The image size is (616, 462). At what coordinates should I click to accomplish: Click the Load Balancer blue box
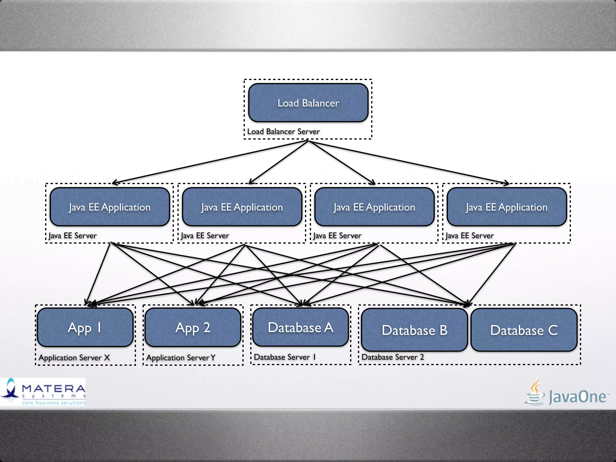point(308,103)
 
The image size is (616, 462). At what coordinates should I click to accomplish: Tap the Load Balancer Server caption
point(283,131)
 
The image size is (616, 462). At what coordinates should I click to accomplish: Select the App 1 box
point(85,328)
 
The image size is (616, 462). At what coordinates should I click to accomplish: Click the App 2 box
point(193,328)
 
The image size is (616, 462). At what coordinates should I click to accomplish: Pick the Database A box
point(300,327)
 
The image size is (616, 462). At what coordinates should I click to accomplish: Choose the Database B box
point(414,330)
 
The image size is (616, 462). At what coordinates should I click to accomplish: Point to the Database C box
point(524,330)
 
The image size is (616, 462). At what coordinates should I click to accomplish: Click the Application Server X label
point(74,358)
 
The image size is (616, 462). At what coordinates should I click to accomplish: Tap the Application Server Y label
point(181,358)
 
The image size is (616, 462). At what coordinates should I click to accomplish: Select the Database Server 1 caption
point(285,357)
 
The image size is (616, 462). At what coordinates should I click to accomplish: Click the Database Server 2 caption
point(393,357)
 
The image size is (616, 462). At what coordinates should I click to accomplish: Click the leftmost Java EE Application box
point(110,207)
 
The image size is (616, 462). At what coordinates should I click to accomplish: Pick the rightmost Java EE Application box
point(507,207)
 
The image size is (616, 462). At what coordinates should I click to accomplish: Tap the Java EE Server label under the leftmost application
point(72,236)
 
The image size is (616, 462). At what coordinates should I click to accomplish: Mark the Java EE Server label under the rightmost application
point(470,236)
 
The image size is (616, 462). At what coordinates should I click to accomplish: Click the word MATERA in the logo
point(54,389)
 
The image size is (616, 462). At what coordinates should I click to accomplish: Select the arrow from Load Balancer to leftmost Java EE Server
point(211,162)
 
